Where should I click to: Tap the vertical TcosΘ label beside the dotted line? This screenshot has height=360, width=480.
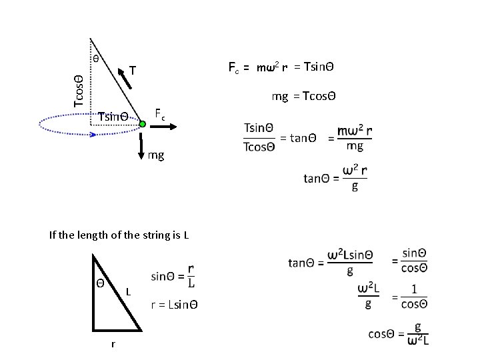click(x=79, y=91)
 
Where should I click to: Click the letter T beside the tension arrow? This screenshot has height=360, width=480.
click(x=133, y=70)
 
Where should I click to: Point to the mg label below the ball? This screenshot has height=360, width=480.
click(x=156, y=156)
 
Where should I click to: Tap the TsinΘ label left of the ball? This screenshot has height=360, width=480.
click(x=113, y=117)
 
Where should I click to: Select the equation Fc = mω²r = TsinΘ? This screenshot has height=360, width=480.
click(x=281, y=67)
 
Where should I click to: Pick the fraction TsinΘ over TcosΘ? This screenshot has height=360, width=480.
click(x=259, y=137)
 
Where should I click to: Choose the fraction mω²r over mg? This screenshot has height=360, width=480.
click(x=355, y=138)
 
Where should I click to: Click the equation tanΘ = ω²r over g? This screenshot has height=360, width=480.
click(x=335, y=178)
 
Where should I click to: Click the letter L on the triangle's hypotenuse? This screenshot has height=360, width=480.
click(x=128, y=292)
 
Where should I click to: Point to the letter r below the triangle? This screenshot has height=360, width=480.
click(x=113, y=344)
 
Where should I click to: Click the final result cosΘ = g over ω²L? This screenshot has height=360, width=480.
click(x=399, y=334)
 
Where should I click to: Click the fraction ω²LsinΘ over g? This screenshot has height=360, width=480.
click(x=351, y=263)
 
